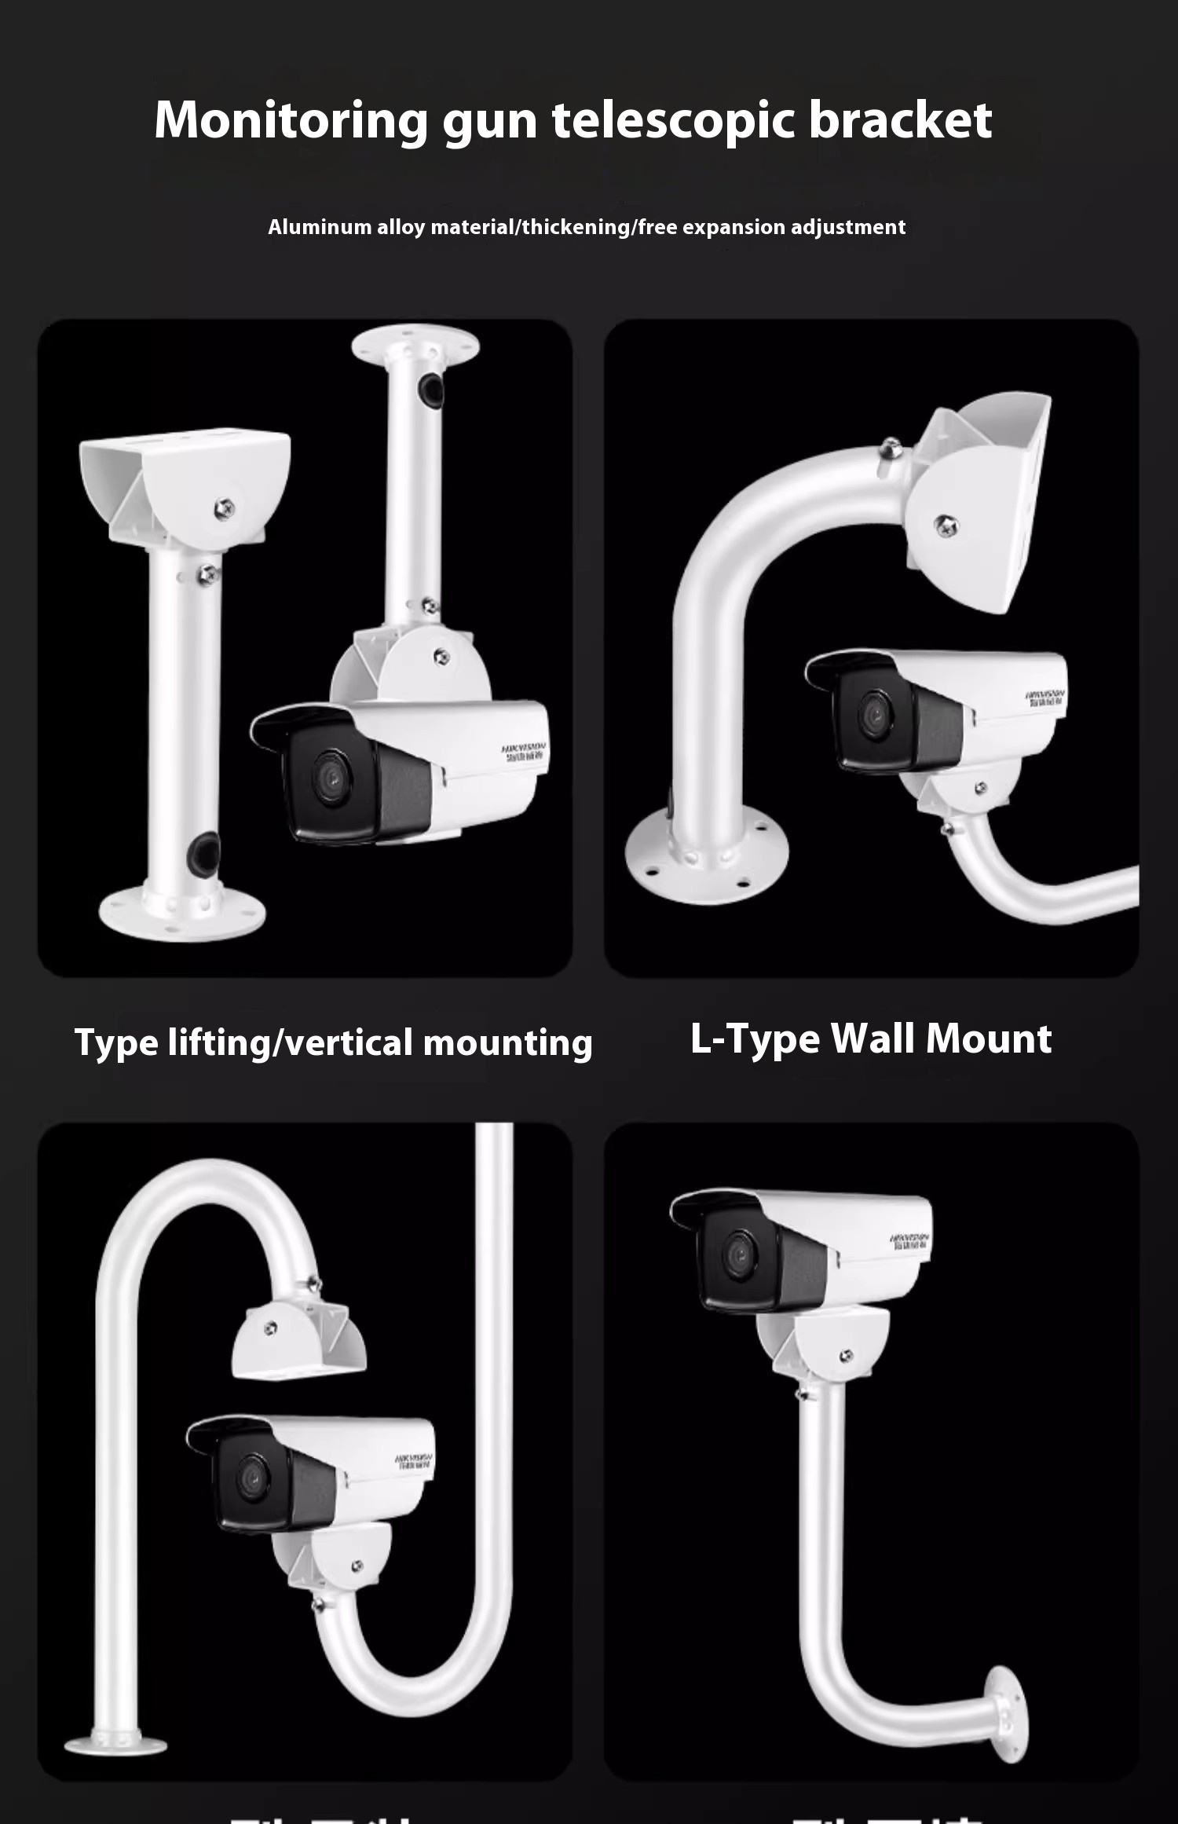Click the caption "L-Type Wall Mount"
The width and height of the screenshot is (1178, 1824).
870,1038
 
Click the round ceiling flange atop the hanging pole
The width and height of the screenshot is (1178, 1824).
415,346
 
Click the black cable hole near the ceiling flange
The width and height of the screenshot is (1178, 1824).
431,390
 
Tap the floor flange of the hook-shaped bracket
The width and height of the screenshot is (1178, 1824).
115,1745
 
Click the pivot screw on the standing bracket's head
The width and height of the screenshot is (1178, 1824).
224,508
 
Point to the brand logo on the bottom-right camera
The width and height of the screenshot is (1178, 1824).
909,1242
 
